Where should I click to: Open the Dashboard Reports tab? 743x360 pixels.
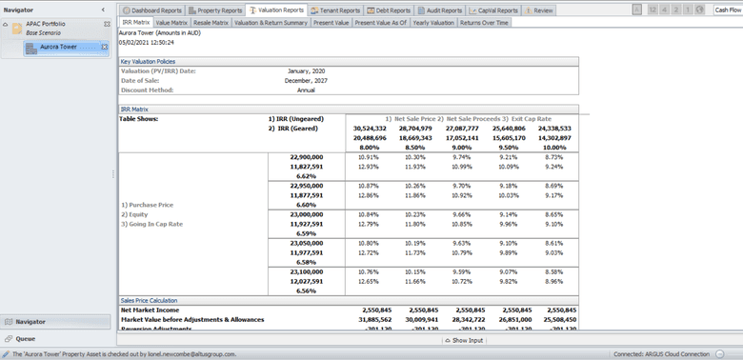[153, 10]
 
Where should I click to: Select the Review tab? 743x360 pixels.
[540, 10]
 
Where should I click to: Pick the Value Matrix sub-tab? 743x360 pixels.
[171, 21]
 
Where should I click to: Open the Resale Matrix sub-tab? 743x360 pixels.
[211, 21]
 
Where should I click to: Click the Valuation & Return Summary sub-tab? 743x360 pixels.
[271, 21]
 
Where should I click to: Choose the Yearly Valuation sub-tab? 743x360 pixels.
[434, 21]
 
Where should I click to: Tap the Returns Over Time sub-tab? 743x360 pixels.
[484, 21]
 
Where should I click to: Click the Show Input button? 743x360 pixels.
[464, 340]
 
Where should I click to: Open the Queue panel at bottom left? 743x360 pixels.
[26, 338]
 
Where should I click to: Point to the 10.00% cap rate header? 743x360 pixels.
[554, 148]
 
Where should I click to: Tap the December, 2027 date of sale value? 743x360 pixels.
[306, 80]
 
